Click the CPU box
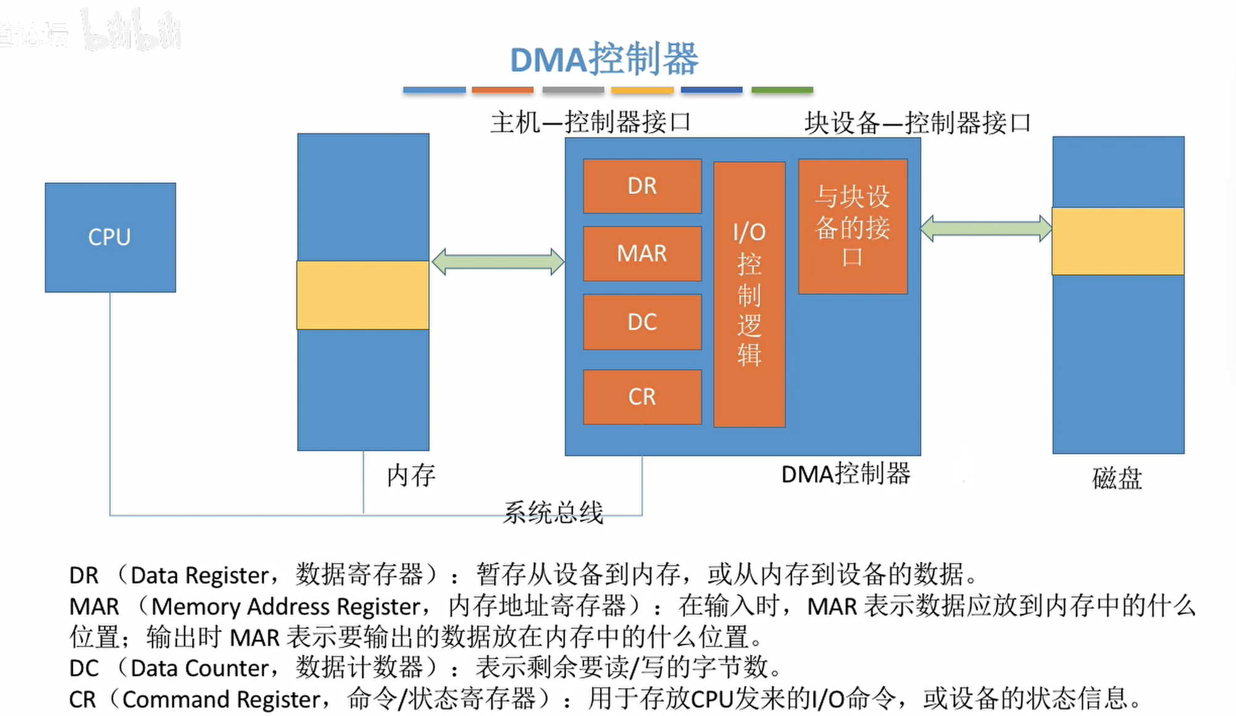[x=110, y=237]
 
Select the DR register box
[x=642, y=186]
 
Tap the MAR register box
[x=642, y=254]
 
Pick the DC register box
[x=642, y=322]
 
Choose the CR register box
[x=642, y=397]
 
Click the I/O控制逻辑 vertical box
[x=749, y=294]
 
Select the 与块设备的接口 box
[x=853, y=227]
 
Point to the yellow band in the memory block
[x=363, y=295]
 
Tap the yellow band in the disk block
[x=1118, y=241]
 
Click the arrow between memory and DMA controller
[x=498, y=262]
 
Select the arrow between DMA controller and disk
[x=986, y=228]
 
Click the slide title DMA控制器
[x=604, y=59]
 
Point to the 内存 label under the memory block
[x=411, y=476]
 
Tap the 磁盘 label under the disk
[x=1117, y=479]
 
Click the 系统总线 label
[x=553, y=512]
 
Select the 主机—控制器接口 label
[x=590, y=122]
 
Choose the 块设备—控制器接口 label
[x=917, y=123]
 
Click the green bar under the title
[x=782, y=90]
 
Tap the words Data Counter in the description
[x=199, y=668]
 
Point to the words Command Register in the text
[x=221, y=700]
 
